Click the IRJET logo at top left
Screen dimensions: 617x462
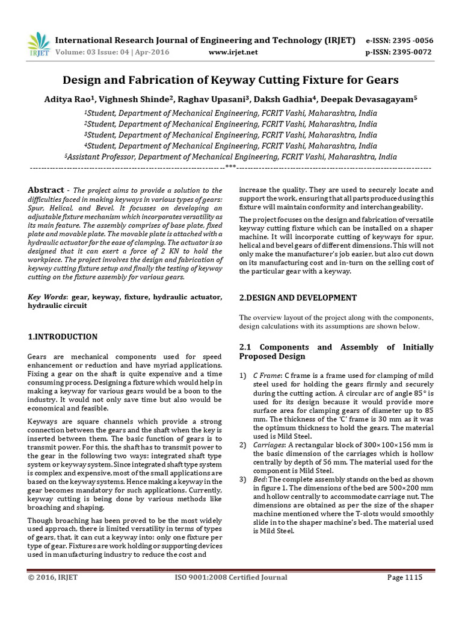[38, 44]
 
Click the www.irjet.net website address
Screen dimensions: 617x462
[233, 52]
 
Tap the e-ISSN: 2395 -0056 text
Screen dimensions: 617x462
[399, 40]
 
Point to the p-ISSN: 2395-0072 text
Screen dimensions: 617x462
[399, 52]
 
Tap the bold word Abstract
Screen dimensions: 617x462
[46, 190]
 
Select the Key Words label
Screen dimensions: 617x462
[48, 298]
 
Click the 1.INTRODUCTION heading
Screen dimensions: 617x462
[63, 337]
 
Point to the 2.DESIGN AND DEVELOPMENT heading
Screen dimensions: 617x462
[298, 298]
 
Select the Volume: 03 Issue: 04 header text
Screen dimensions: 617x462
[112, 52]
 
